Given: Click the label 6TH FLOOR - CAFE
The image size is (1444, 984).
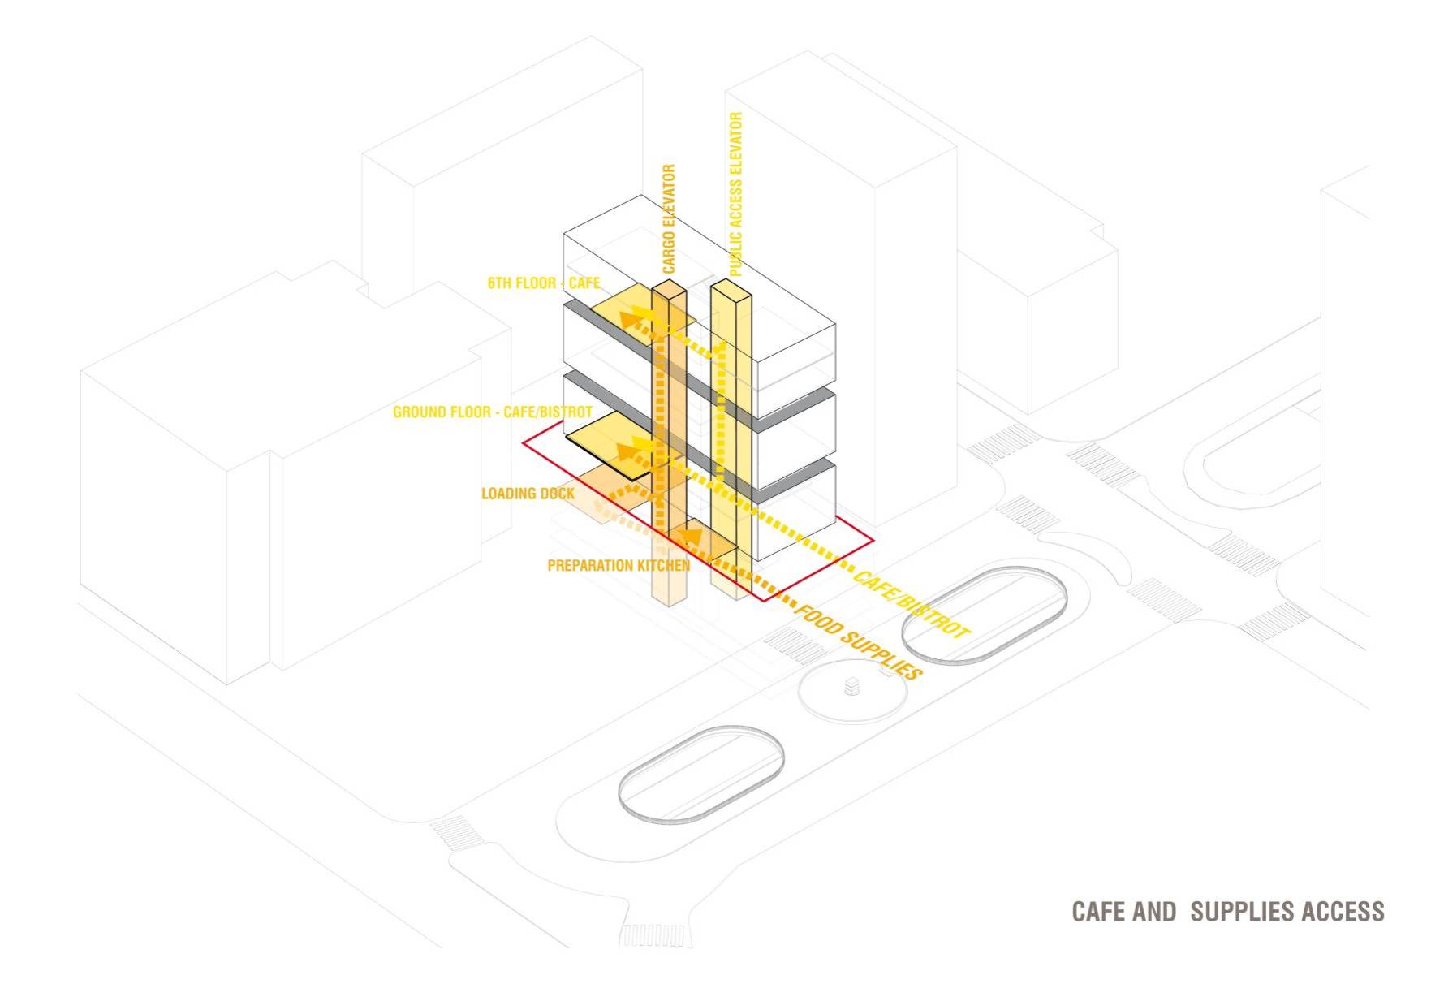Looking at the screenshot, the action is pyautogui.click(x=543, y=283).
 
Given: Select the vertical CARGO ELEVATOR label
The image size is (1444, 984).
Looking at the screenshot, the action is pyautogui.click(x=669, y=219).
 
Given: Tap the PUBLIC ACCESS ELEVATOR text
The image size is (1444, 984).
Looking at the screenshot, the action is pyautogui.click(x=736, y=194).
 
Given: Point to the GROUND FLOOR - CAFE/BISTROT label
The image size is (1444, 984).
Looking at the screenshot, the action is pyautogui.click(x=493, y=412).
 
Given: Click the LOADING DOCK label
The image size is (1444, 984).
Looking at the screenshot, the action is pyautogui.click(x=528, y=494).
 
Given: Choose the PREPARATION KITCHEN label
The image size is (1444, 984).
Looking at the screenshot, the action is pyautogui.click(x=619, y=565).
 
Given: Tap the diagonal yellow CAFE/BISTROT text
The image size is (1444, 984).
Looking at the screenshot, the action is pyautogui.click(x=910, y=604).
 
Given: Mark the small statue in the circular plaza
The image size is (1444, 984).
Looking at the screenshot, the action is pyautogui.click(x=851, y=687).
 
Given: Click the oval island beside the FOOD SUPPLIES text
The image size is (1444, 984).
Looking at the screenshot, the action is pyautogui.click(x=984, y=613).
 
